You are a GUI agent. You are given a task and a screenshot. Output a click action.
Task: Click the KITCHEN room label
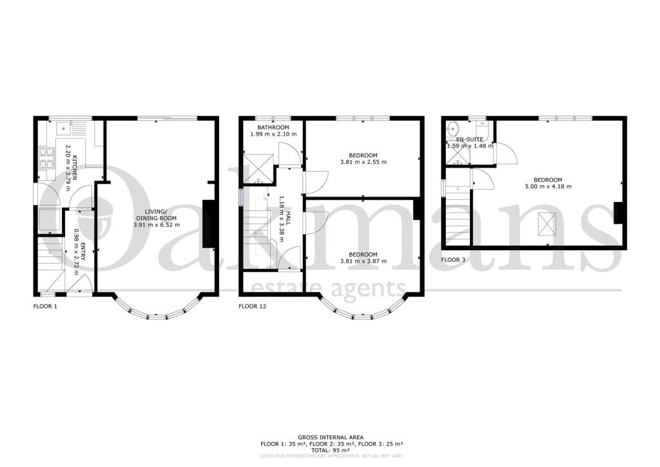click(x=75, y=168)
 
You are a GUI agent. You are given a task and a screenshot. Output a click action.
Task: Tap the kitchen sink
click(x=63, y=126)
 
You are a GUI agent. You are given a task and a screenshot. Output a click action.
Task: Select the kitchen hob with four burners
click(x=46, y=157)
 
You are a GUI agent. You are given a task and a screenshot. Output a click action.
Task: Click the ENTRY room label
click(x=82, y=252)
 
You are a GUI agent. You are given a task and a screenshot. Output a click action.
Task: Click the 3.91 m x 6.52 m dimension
click(x=156, y=225)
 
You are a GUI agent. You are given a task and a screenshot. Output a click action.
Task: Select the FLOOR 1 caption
click(x=45, y=306)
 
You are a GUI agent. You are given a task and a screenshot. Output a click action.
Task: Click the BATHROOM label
click(x=273, y=128)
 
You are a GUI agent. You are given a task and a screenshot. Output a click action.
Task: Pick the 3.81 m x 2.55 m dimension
click(x=364, y=162)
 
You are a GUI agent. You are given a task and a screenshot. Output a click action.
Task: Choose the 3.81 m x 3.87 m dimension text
click(x=364, y=261)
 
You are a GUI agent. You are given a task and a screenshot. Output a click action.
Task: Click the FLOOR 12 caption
click(x=252, y=306)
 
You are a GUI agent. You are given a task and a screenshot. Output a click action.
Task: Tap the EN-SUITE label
click(x=469, y=139)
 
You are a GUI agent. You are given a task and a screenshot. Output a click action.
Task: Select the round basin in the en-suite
click(x=452, y=126)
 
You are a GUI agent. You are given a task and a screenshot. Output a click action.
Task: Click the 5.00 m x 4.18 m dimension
click(x=548, y=186)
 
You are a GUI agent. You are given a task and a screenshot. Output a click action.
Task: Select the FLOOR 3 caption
click(x=453, y=260)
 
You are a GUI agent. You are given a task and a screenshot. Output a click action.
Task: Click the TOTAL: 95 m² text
click(x=330, y=450)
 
